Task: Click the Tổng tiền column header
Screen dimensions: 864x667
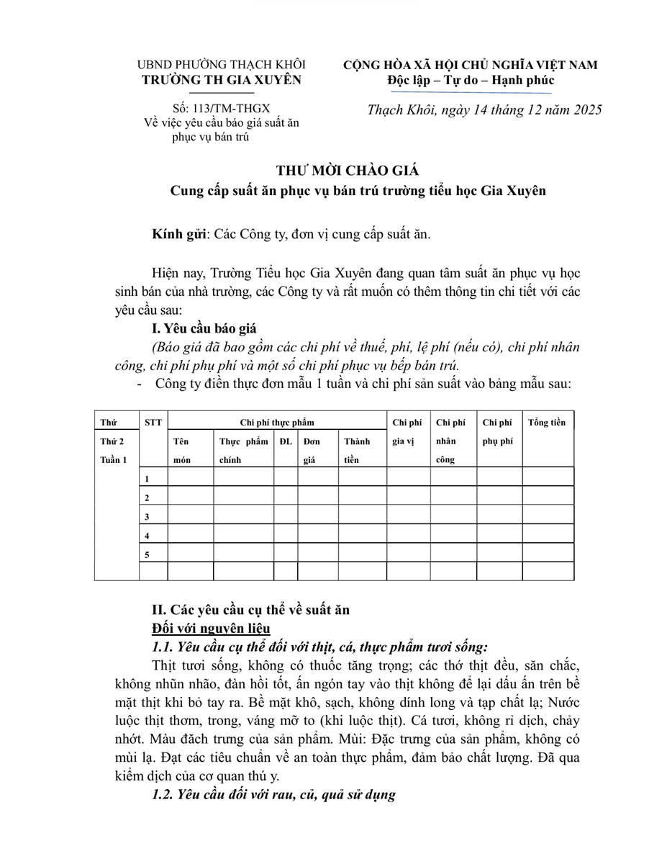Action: (x=547, y=422)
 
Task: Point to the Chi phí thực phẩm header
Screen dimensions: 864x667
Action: (x=277, y=422)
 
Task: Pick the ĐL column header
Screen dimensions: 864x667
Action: (x=286, y=441)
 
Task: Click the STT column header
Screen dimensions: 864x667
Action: (x=153, y=422)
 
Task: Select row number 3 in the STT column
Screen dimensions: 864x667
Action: (x=147, y=517)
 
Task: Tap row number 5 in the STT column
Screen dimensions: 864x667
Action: (x=147, y=554)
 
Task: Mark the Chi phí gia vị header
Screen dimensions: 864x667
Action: (x=407, y=431)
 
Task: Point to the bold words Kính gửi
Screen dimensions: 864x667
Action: (x=179, y=234)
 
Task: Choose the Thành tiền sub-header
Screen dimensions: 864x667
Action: (x=357, y=450)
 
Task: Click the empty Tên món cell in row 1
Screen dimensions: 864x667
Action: (x=190, y=477)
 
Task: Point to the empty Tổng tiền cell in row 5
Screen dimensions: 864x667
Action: (x=548, y=553)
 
